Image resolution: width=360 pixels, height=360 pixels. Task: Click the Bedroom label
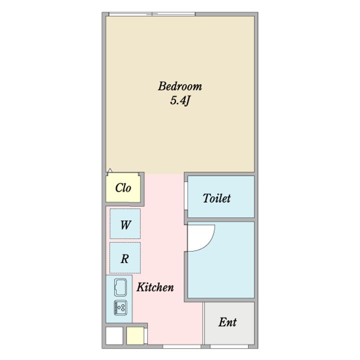tap(180, 86)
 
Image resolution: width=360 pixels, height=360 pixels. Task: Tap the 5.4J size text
tap(180, 100)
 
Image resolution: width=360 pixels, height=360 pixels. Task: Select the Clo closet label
tap(123, 187)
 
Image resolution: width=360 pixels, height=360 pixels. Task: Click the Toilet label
tap(216, 198)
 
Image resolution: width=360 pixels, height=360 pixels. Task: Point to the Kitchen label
tap(155, 287)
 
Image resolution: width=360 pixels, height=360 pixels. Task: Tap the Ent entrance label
tap(227, 322)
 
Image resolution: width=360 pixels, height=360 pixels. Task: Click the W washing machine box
tap(125, 223)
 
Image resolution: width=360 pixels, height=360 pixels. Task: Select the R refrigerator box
tap(125, 258)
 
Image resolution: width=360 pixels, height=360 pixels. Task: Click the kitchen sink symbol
tap(120, 287)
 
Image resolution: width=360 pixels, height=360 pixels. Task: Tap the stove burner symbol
tap(120, 307)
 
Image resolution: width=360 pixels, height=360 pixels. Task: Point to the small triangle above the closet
tap(110, 170)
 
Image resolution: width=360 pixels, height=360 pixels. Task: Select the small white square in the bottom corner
tap(114, 335)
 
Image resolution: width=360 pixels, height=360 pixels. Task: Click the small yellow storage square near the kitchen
tap(135, 335)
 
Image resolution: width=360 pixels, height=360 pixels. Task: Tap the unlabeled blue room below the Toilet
tap(221, 259)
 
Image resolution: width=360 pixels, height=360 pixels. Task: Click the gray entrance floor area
tap(229, 323)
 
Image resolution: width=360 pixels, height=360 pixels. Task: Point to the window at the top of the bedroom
tap(152, 14)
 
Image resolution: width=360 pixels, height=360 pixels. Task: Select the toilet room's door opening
tap(186, 196)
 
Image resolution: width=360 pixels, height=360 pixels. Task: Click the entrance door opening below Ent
tap(229, 346)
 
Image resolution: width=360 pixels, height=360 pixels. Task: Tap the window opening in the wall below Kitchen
tap(182, 346)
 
